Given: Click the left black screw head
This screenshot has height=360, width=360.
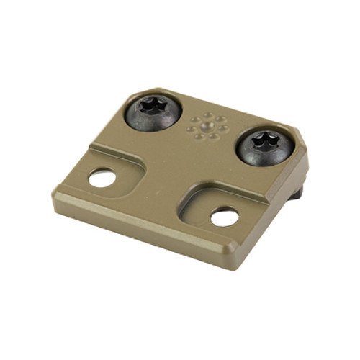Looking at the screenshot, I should (x=153, y=114).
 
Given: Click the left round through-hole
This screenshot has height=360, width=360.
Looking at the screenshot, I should (x=102, y=177).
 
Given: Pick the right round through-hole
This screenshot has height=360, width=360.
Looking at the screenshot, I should (x=225, y=215).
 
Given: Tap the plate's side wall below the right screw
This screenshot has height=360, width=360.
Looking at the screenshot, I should (x=281, y=209).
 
